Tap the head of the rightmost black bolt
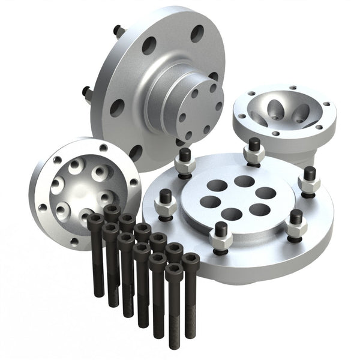click(191, 260)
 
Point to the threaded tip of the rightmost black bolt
click(191, 333)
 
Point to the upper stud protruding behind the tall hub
click(119, 30)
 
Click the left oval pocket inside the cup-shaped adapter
click(275, 110)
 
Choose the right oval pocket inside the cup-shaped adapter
click(300, 112)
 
